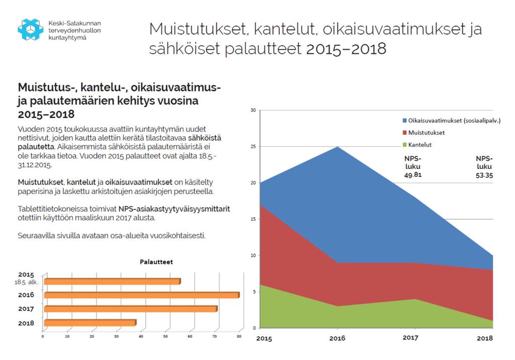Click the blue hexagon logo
tap(31, 30)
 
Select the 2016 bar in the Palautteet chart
tap(142, 295)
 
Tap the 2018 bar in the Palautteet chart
tap(91, 323)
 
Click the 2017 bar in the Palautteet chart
tap(131, 309)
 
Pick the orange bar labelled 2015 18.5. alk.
tap(112, 281)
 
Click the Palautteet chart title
tap(156, 262)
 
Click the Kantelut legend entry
tap(417, 145)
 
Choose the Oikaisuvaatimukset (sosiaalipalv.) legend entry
tap(452, 121)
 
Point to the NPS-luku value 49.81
tap(413, 175)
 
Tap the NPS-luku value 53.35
tap(484, 175)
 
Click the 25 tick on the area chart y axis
tap(253, 146)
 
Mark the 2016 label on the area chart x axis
tap(337, 338)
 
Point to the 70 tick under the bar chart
tap(214, 336)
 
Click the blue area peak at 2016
tap(337, 147)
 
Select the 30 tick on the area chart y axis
tap(253, 110)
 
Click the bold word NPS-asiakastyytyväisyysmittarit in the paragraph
tap(174, 209)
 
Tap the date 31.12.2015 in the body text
tap(35, 165)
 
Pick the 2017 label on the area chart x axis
tap(410, 338)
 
